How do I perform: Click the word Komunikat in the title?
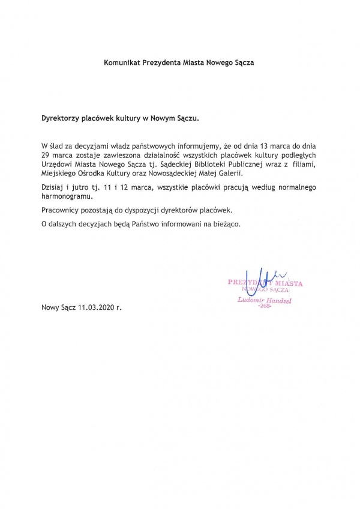coord(122,62)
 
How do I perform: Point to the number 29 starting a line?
coord(46,154)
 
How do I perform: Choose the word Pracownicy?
coord(62,211)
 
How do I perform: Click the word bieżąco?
coord(224,223)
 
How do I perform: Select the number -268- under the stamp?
coord(264,306)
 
